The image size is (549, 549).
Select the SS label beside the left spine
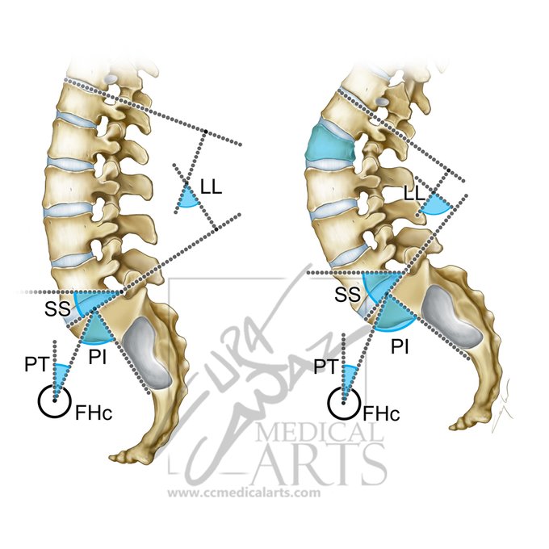tap(55, 308)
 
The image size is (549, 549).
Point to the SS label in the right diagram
tap(346, 296)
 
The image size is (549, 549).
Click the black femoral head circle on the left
tap(55, 400)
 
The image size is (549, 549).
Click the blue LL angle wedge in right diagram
tap(436, 205)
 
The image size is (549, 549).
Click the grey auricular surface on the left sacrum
tap(151, 352)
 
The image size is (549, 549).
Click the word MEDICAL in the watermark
tap(319, 437)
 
